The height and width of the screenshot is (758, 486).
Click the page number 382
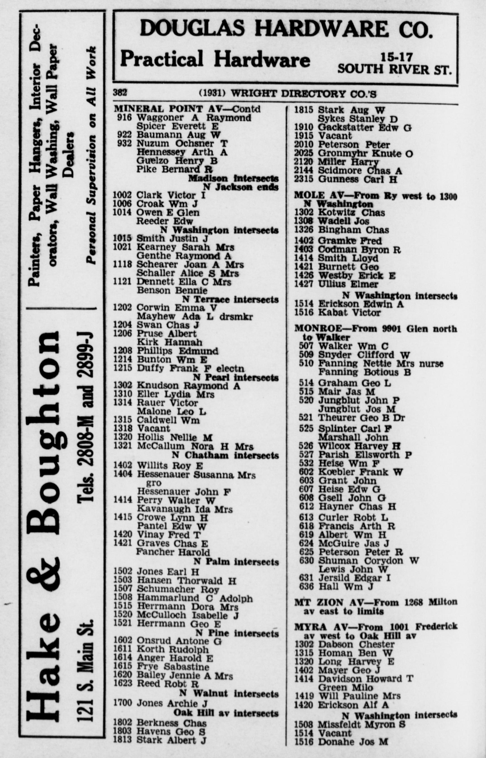tap(120, 93)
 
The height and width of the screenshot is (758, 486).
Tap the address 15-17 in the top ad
tap(396, 57)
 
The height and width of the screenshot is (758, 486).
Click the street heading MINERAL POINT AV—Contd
tap(187, 109)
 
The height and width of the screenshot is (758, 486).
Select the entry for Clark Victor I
tap(170, 195)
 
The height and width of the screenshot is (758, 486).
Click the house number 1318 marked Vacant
tap(122, 428)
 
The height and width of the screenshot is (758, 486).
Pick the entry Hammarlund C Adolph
tap(194, 598)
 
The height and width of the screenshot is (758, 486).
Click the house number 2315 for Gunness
tap(303, 179)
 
